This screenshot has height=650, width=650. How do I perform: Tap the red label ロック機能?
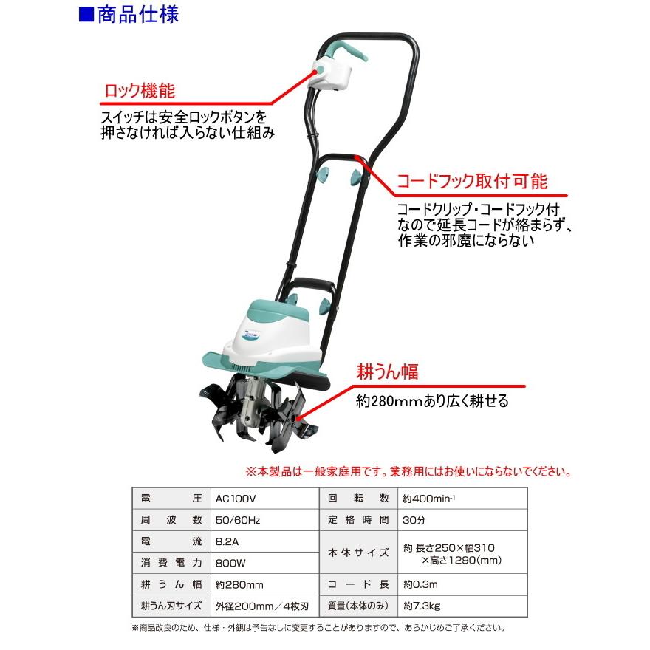137,91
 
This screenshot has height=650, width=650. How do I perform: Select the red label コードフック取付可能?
472,182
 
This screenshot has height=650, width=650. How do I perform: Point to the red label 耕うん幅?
389,372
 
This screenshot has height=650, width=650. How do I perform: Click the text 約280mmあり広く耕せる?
432,401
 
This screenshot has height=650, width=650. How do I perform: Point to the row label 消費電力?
171,563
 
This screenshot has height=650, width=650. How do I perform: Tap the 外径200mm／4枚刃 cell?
261,606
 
